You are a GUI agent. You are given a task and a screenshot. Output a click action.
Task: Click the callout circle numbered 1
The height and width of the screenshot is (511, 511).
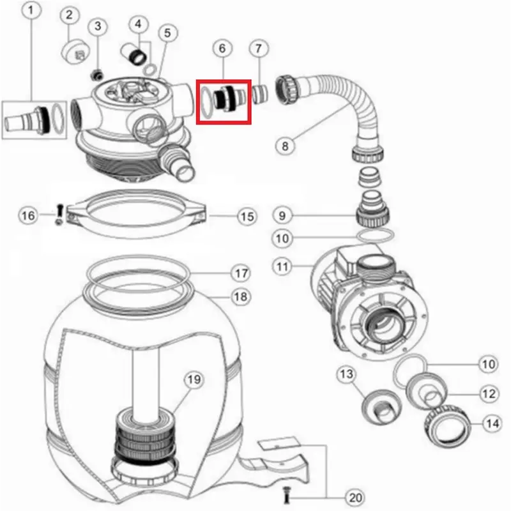[x=34, y=10]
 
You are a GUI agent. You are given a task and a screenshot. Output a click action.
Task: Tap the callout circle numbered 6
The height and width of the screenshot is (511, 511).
[x=222, y=48]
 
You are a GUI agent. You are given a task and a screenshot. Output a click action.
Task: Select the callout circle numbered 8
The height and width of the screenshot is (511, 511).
[x=286, y=146]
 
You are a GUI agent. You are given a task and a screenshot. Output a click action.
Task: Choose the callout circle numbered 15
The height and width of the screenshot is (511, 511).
[x=247, y=217]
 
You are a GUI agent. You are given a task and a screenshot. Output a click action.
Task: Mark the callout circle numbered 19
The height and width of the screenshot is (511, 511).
[x=194, y=380]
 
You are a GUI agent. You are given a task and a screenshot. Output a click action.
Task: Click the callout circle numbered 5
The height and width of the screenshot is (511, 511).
[x=168, y=33]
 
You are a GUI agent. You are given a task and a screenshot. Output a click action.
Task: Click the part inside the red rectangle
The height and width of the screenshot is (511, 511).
[x=224, y=100]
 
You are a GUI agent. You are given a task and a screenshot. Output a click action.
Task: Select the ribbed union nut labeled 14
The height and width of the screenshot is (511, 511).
[x=447, y=426]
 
